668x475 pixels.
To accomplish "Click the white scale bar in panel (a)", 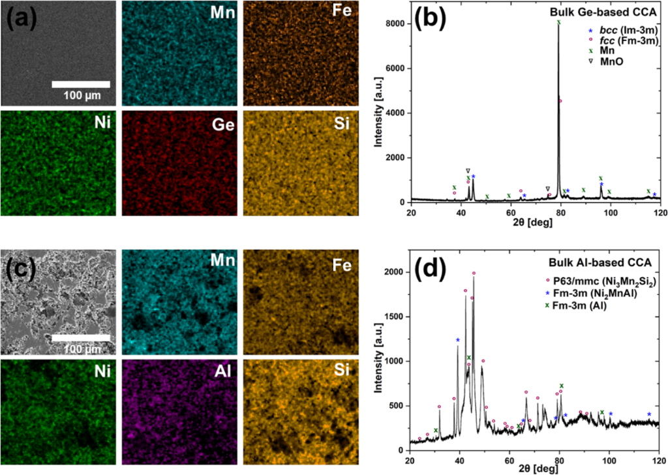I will pos(80,84).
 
